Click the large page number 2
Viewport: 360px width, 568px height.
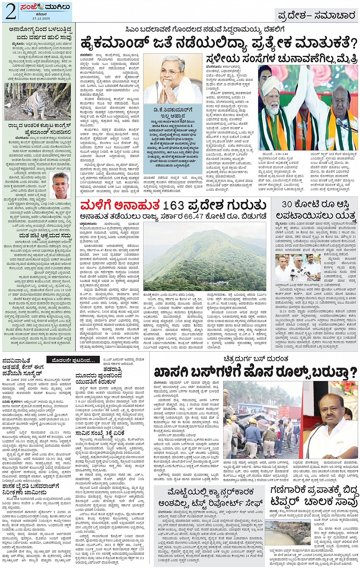[10, 12]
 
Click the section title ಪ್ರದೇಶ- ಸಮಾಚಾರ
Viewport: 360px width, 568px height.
[317, 16]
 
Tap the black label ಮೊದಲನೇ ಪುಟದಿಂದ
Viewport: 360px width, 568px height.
[74, 360]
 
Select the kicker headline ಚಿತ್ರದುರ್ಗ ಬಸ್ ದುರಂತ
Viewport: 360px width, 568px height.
[256, 359]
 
